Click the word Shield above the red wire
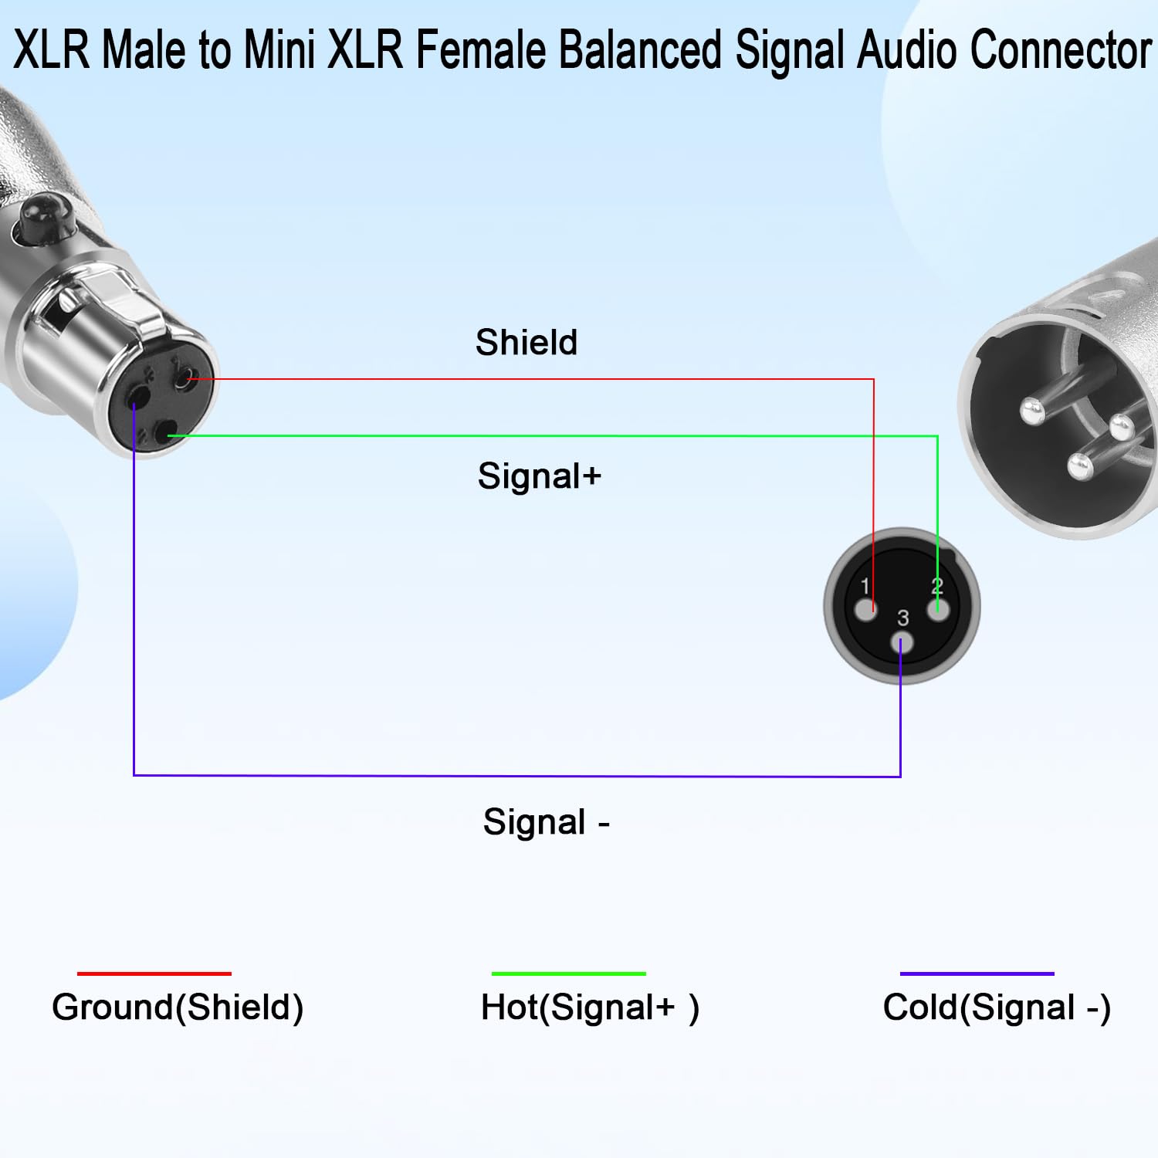527,342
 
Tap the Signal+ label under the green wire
539,476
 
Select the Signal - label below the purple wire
547,822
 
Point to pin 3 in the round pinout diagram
902,644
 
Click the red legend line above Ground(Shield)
154,973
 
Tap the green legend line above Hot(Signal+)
568,973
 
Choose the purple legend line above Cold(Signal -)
977,973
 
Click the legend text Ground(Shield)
178,1007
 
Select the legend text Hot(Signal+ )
590,1007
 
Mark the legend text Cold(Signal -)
997,1007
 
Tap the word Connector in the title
1060,49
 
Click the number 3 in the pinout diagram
902,618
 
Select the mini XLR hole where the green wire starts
164,436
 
